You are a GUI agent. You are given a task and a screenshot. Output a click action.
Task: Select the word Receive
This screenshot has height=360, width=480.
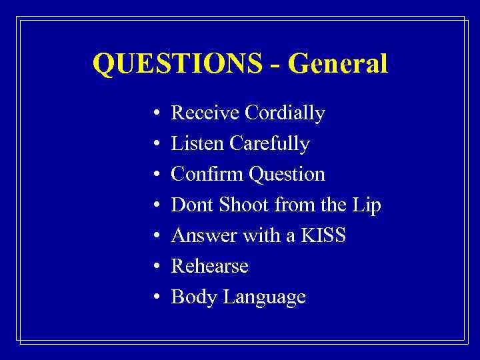tap(205, 113)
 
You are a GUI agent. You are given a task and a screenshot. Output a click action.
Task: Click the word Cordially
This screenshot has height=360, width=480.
tap(285, 113)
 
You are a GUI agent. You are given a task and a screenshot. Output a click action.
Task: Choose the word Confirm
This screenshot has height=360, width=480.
tap(207, 175)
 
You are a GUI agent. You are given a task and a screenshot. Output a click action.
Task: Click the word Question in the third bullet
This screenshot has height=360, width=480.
tap(287, 175)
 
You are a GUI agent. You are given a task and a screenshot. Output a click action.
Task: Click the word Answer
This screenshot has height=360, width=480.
tap(203, 236)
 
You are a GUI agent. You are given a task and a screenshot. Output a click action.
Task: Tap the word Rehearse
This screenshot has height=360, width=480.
tap(209, 267)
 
